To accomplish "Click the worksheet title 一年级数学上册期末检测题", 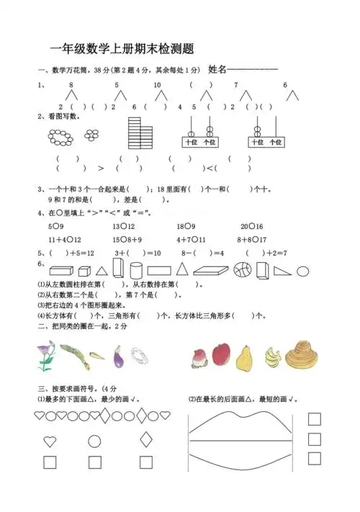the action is point(123,48).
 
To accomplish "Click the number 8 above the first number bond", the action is point(71,85).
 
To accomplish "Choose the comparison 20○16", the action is point(251,226).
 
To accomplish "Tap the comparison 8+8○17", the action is point(253,239).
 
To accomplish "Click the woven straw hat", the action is point(302,352).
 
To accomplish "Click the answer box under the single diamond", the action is point(146,462).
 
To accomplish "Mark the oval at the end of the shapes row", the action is point(303,271).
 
